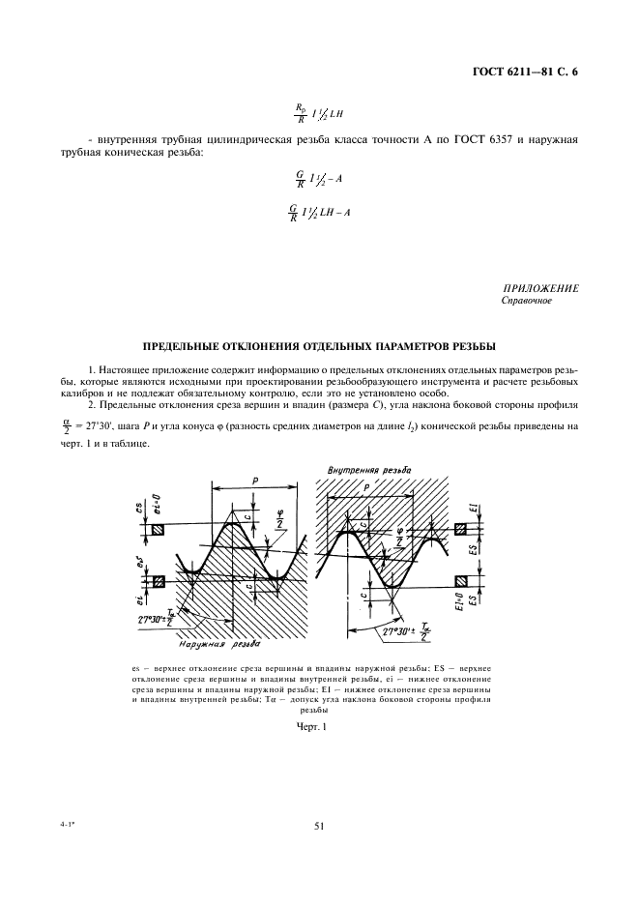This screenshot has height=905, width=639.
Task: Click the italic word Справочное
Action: coord(527,301)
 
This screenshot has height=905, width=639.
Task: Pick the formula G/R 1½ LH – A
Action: coord(319,212)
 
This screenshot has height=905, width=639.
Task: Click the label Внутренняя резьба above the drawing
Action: coord(368,468)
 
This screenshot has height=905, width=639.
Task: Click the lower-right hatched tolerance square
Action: coord(460,582)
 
